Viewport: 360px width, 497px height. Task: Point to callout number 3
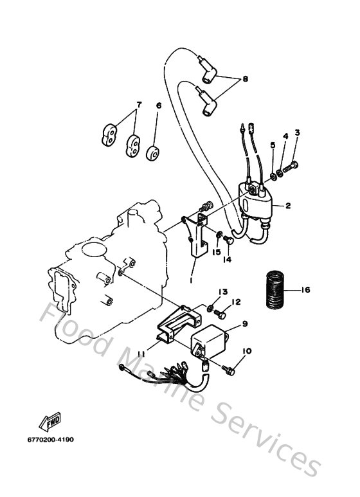coord(297,133)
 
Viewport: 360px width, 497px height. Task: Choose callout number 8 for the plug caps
coord(245,80)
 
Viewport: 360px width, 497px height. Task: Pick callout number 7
coord(138,105)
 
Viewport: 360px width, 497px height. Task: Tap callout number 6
coord(159,105)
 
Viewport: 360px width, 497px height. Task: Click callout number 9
coord(245,325)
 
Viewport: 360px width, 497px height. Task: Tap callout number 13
coord(222,291)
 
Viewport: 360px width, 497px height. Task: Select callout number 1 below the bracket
coord(191,280)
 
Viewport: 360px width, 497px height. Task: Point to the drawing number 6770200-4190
coord(51,440)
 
